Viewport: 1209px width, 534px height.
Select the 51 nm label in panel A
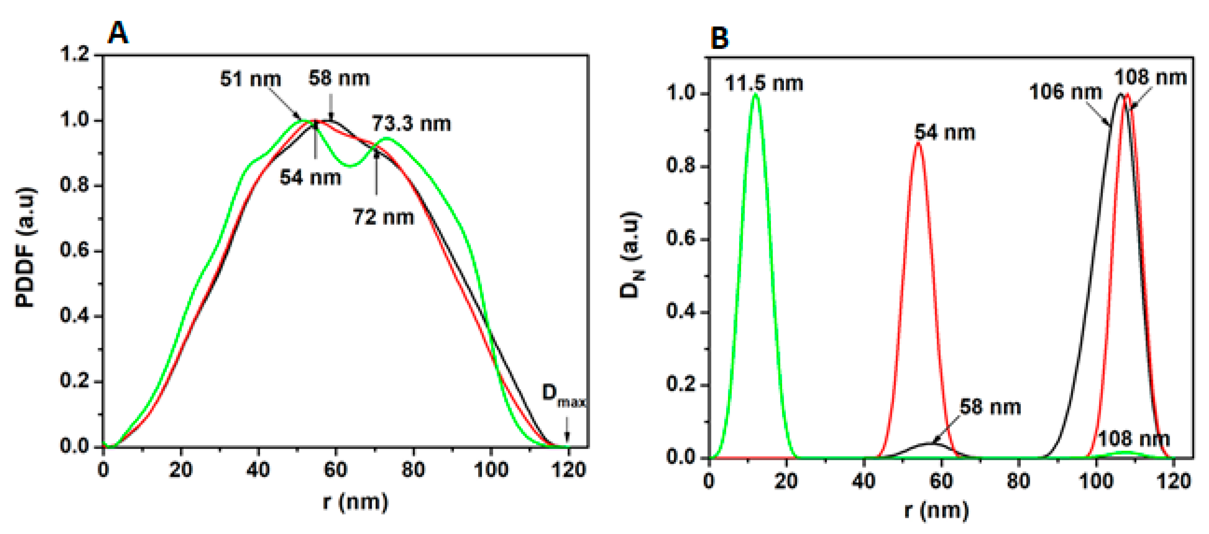251,79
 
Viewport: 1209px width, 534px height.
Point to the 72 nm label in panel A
383,217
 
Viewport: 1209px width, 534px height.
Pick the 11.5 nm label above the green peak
764,84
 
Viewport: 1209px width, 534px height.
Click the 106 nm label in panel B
1065,92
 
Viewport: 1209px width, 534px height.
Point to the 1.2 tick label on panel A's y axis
75,54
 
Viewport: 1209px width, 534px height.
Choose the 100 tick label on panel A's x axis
491,470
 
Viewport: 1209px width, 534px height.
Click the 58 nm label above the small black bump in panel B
990,407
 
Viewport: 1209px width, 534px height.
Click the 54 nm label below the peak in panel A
310,178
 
